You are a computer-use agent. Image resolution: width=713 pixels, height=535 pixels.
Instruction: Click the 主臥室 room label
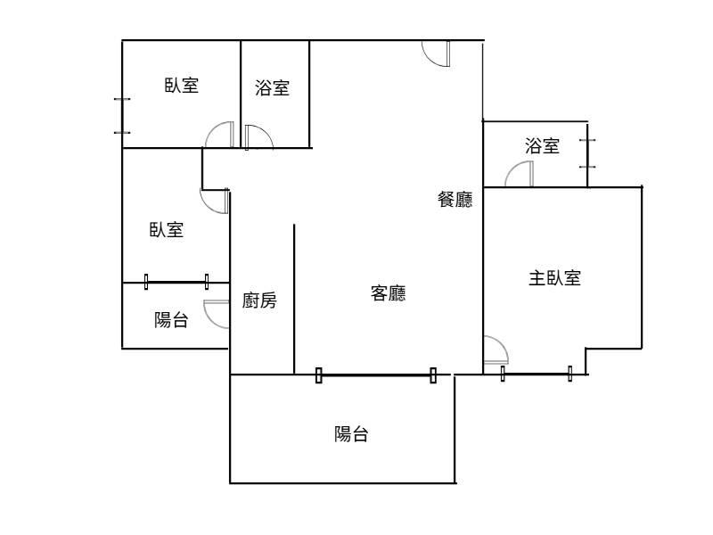(x=554, y=278)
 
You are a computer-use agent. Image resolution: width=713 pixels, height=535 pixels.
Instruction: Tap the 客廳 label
(x=388, y=293)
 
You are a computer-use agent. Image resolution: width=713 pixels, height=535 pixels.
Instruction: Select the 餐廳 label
(x=455, y=199)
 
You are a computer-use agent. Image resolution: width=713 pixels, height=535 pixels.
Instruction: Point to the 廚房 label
(x=259, y=300)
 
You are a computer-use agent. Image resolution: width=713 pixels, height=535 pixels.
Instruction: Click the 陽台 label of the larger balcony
(x=351, y=434)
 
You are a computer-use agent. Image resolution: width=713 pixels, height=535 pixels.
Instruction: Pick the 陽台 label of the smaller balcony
(x=171, y=320)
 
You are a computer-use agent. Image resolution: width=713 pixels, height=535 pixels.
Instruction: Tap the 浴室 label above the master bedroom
(x=542, y=146)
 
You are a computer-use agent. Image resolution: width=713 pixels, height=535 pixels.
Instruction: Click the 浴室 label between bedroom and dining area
(x=272, y=87)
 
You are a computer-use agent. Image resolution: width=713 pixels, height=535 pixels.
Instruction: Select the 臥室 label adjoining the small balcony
(x=167, y=230)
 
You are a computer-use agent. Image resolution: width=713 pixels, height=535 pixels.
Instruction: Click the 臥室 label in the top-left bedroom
(x=182, y=85)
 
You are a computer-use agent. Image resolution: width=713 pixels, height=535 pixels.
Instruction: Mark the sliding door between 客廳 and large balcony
(x=376, y=375)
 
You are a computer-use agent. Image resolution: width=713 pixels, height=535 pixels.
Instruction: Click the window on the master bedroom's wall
(x=537, y=374)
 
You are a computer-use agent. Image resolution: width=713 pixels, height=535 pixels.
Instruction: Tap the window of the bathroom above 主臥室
(x=587, y=153)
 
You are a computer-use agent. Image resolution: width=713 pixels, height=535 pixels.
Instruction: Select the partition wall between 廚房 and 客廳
(x=294, y=299)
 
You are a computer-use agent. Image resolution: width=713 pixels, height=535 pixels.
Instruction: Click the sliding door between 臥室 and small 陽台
(x=176, y=282)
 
